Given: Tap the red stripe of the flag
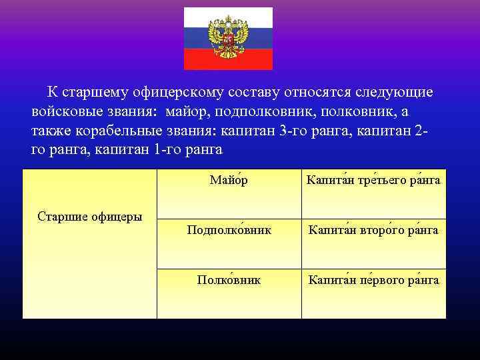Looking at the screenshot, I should tap(200, 61).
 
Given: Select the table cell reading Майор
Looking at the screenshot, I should tap(229, 180).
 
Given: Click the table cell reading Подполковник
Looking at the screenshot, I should tap(229, 230).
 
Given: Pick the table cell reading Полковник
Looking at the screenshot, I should tap(229, 281).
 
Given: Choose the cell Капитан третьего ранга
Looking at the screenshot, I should tap(373, 181).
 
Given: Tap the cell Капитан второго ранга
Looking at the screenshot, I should tap(373, 230).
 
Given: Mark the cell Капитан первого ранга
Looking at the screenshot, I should tap(373, 281).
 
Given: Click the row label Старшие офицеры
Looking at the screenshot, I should tap(89, 216).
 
